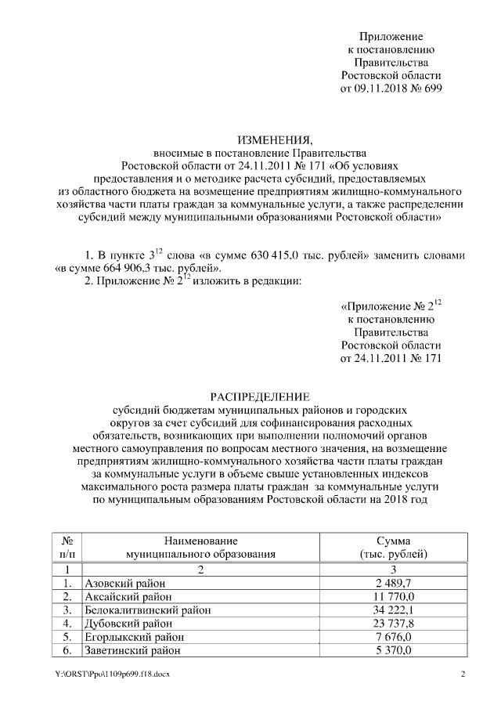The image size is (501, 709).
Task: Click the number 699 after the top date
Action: (x=432, y=89)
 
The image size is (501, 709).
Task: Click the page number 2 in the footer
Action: (x=463, y=675)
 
